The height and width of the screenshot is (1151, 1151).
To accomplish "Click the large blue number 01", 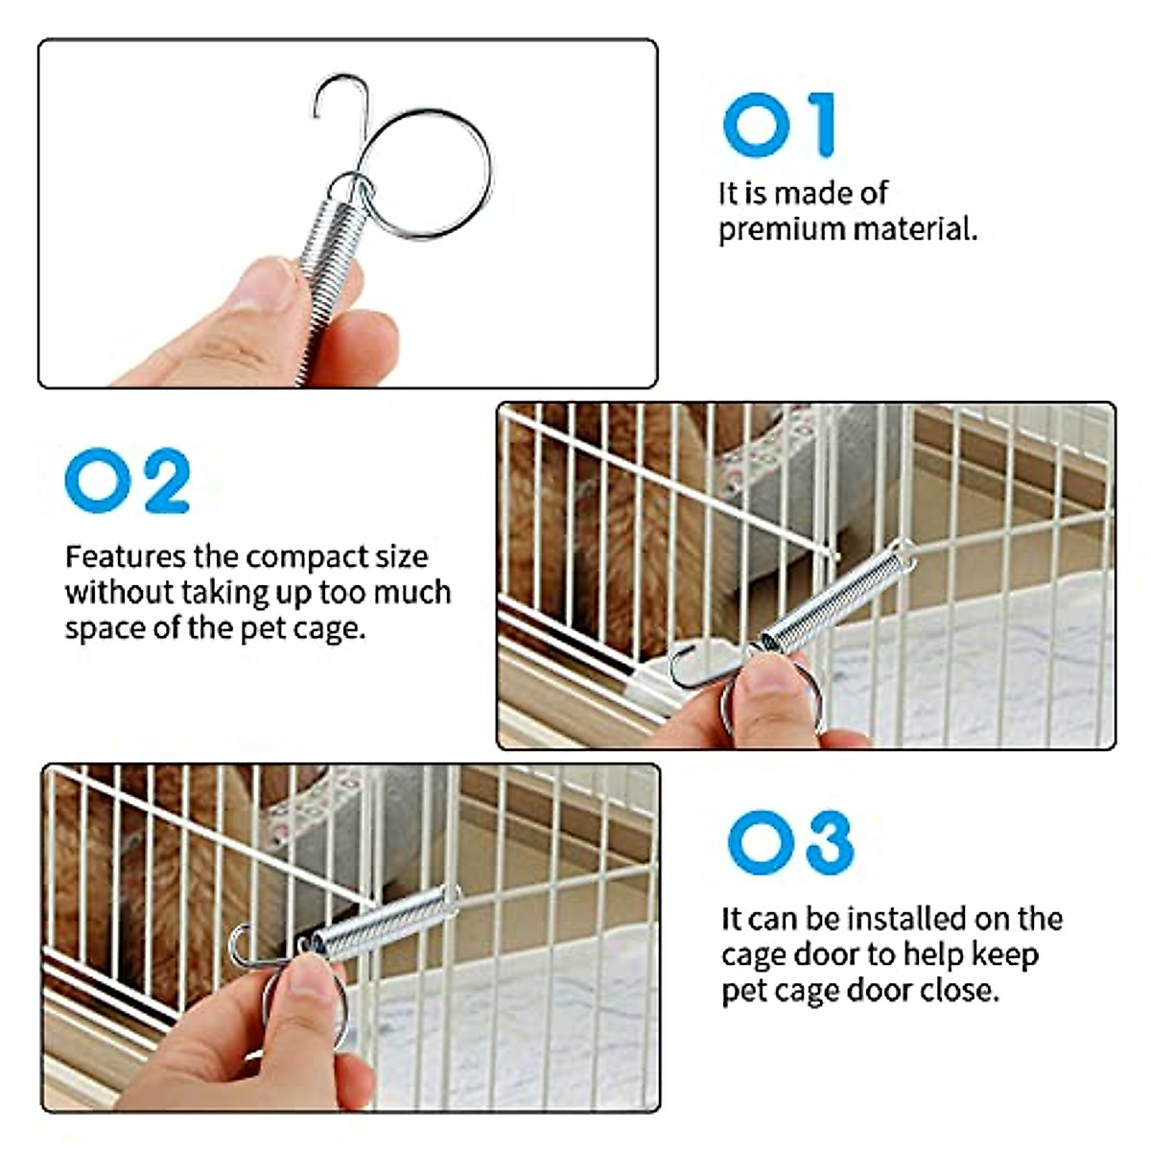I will pos(779,125).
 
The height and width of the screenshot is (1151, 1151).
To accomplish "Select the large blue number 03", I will pos(790,842).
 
